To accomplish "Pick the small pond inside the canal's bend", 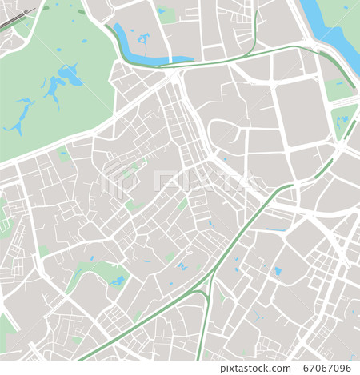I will tap(144, 38).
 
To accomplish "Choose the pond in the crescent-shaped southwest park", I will tap(118, 281).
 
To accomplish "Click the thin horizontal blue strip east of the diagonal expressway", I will tap(274, 231).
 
